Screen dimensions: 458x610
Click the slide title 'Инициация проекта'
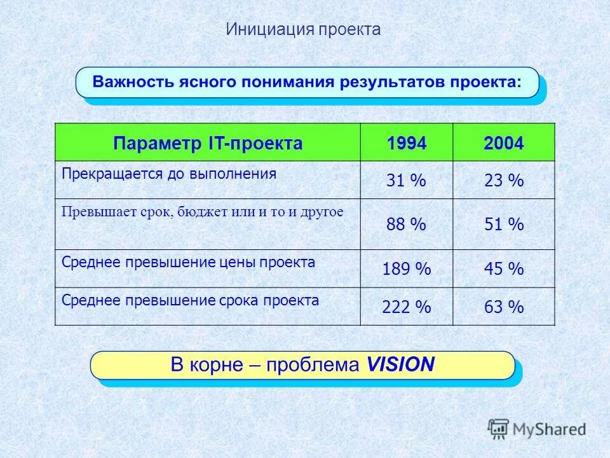[x=303, y=29]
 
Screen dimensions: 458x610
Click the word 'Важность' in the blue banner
[x=127, y=83]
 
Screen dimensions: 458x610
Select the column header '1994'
[x=406, y=143]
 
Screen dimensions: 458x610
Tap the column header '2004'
[x=503, y=143]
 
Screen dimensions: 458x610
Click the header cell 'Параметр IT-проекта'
[x=207, y=143]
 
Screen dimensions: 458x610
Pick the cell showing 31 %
[x=406, y=181]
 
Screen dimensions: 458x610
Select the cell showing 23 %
[x=503, y=181]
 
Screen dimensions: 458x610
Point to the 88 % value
[x=406, y=224]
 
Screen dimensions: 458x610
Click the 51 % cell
[x=503, y=224]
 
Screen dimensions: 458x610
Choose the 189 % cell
[x=406, y=268]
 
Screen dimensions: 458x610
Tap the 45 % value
[x=503, y=268]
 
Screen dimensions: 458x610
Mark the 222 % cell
[x=406, y=307]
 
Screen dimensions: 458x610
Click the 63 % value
[x=503, y=307]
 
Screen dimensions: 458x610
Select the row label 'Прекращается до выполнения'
[x=169, y=174]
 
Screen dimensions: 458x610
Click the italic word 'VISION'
[x=400, y=364]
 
